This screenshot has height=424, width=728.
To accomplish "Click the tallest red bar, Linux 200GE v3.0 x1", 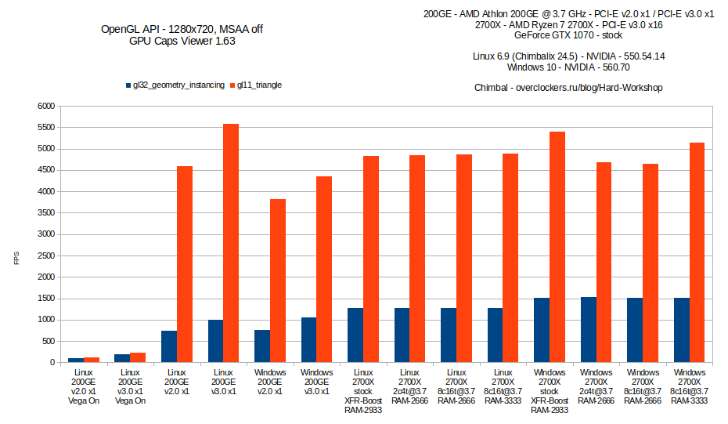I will pos(231,243).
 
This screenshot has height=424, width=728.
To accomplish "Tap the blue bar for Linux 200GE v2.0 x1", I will pos(169,346).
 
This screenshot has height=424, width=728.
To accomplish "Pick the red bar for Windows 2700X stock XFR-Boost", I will pos(557,247).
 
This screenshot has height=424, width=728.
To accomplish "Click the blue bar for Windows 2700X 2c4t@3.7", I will pos(589,330).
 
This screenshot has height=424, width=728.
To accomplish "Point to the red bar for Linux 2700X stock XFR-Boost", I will pos(371,259).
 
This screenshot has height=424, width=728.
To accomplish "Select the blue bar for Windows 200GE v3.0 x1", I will pos(308,340).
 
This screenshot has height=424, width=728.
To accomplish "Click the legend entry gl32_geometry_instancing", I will pos(175,85).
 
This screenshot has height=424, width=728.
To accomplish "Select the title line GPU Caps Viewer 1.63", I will pos(182,42).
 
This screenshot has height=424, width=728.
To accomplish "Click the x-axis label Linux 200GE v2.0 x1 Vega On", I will pos(84,386).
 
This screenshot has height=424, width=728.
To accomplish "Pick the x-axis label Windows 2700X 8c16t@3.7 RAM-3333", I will pos(689,386).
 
